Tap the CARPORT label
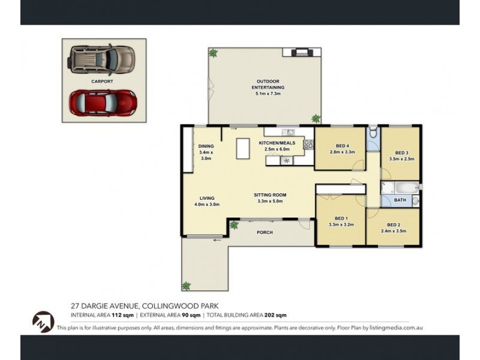102,80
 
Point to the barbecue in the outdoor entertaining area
298,53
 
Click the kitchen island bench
242,148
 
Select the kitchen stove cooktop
308,144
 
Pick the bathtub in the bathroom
399,187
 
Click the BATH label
400,200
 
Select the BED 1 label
342,218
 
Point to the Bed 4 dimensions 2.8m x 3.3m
342,152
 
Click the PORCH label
265,232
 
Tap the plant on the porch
234,226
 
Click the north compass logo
43,322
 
